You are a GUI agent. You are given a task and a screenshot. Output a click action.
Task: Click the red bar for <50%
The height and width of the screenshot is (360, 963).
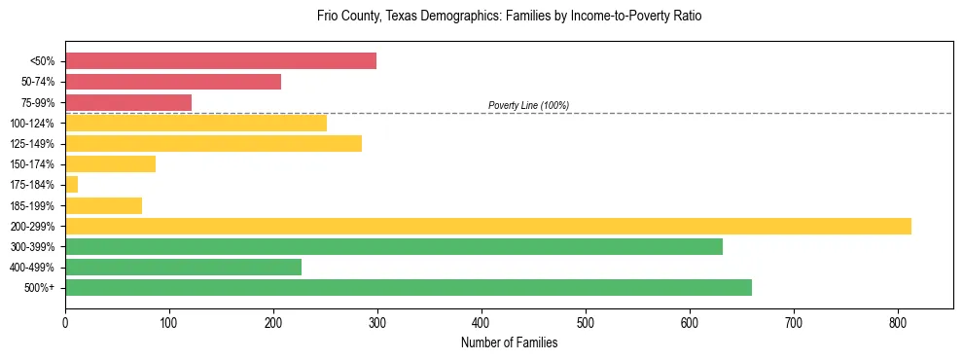221,61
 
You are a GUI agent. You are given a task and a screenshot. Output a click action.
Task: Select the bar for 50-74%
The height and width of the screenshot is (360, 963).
173,82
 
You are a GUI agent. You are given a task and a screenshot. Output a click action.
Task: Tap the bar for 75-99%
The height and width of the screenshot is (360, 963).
128,102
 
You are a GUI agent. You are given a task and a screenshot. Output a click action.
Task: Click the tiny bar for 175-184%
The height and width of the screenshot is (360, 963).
72,185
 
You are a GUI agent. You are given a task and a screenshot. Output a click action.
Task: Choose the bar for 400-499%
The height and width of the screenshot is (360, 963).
183,267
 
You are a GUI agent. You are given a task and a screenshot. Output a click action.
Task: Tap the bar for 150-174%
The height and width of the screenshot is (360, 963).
110,164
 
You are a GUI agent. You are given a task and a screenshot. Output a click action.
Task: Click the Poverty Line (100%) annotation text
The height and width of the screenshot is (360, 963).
528,105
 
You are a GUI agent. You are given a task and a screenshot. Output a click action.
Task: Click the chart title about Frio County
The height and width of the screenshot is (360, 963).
509,17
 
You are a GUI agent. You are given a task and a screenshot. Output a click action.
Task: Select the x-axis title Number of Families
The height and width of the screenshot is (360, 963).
509,342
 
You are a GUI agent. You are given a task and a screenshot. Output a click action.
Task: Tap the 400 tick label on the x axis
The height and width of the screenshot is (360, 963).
481,321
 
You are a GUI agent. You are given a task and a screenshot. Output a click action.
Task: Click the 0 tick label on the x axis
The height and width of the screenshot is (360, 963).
65,321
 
